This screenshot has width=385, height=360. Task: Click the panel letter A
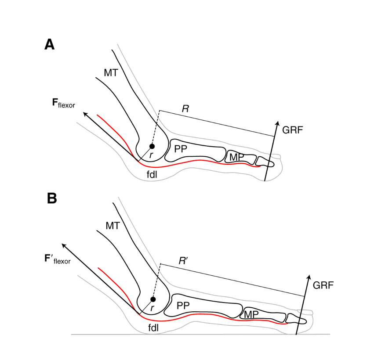[x=49, y=45]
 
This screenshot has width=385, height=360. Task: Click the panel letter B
[x=52, y=198]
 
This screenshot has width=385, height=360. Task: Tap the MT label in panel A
[x=111, y=72]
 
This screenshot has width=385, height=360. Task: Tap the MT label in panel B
[x=113, y=226]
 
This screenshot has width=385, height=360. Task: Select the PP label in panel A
[x=181, y=149]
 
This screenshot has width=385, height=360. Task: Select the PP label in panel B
[x=183, y=306]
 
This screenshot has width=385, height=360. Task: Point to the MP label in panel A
[x=237, y=157]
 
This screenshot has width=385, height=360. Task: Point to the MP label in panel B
[x=251, y=314]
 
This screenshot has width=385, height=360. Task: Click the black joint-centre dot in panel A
[x=152, y=146]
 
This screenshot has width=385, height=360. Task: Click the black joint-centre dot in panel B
[x=153, y=299]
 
